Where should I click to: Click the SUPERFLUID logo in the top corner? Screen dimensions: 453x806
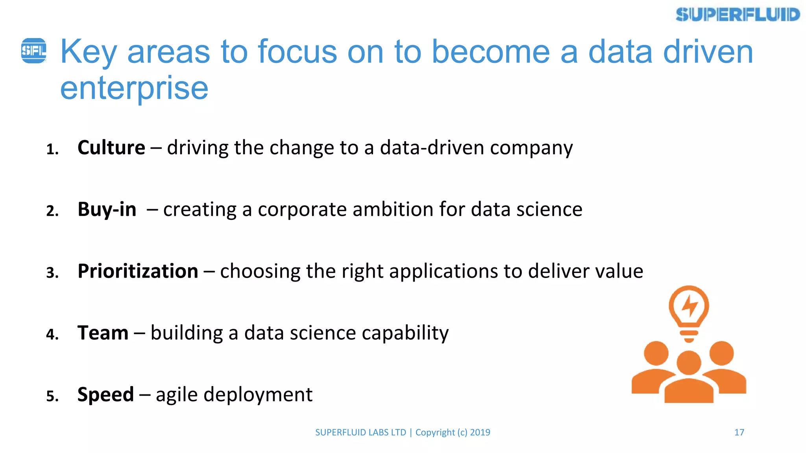tap(738, 15)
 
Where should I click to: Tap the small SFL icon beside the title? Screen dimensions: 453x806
tap(34, 51)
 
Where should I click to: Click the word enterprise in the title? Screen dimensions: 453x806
tap(134, 88)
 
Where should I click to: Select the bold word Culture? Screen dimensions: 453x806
tap(111, 148)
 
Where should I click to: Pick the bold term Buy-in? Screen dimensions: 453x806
tap(107, 209)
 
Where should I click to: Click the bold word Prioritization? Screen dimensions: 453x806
tap(138, 271)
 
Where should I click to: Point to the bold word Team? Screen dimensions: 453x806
tap(103, 333)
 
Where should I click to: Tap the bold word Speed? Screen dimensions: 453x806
tap(105, 394)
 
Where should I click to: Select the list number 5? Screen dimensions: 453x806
tap(52, 396)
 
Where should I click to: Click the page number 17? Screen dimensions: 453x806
tap(739, 433)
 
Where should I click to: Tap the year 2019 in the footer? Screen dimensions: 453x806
tap(480, 433)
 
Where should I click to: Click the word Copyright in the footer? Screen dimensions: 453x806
tap(435, 433)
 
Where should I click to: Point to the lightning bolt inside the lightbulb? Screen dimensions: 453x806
tap(690, 306)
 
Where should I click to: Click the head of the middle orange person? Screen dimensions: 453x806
tap(689, 363)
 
